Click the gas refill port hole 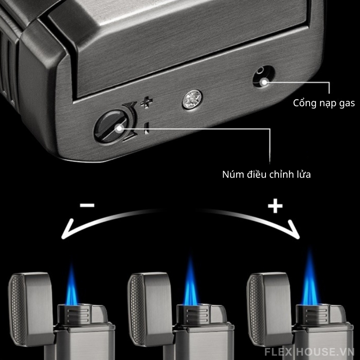pyautogui.click(x=264, y=76)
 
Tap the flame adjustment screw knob pyautogui.click(x=110, y=127)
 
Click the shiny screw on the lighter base pyautogui.click(x=192, y=99)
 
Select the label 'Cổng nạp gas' pyautogui.click(x=324, y=103)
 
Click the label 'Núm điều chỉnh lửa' pyautogui.click(x=266, y=174)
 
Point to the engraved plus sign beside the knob pyautogui.click(x=147, y=102)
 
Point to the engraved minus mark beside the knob pyautogui.click(x=147, y=128)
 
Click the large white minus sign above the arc pyautogui.click(x=87, y=205)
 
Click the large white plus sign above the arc pyautogui.click(x=275, y=206)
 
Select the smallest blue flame pyautogui.click(x=72, y=284)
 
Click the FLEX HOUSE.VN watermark pyautogui.click(x=309, y=351)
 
